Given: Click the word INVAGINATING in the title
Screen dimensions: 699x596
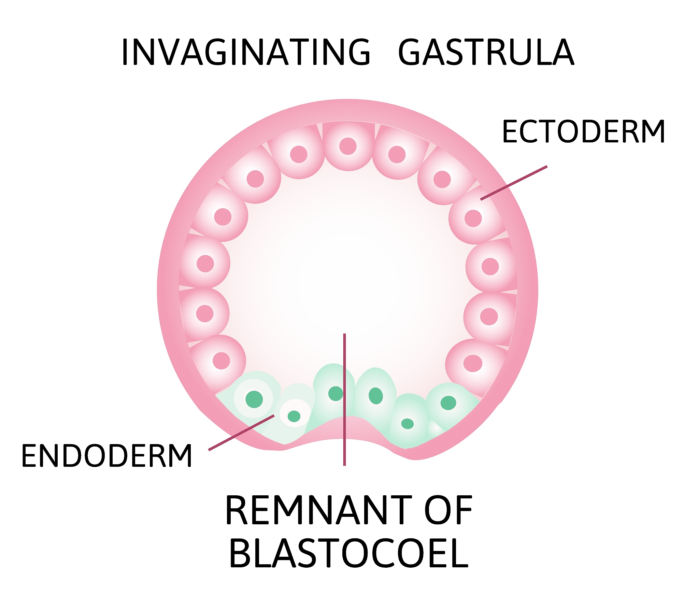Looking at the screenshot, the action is pos(246,52).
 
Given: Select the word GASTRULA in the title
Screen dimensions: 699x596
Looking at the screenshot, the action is pos(486,52).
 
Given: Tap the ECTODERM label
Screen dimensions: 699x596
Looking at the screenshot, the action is pos(584,131).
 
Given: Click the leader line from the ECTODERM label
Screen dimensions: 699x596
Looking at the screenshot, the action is pos(514,183).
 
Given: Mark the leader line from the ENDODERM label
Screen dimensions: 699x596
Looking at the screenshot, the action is pos(241,432).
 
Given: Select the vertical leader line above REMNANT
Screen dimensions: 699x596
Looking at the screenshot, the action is pos(344,399).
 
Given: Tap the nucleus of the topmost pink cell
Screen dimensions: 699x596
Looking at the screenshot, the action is pos(348,146).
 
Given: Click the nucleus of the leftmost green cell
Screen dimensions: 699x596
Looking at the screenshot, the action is pos(254,399).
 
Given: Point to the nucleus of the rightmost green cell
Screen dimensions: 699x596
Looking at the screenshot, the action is pos(448,403).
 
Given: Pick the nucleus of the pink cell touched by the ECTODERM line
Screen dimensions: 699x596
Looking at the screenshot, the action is pos(473,218).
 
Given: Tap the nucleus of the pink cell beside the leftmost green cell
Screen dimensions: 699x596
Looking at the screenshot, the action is pos(221,361).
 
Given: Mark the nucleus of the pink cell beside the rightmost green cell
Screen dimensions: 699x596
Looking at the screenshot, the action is pos(473,363).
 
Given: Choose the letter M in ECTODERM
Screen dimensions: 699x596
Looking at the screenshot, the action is pos(652,131).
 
